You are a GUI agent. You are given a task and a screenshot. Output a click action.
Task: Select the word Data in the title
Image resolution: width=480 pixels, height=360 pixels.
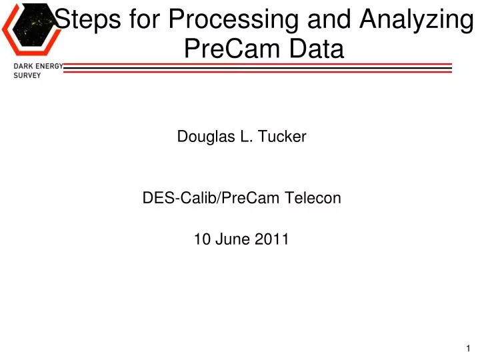pyautogui.click(x=317, y=49)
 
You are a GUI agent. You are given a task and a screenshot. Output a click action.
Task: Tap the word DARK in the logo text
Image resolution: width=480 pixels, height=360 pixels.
pyautogui.click(x=24, y=67)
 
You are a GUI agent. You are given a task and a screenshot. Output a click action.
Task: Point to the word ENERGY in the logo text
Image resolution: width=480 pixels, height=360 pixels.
pyautogui.click(x=50, y=67)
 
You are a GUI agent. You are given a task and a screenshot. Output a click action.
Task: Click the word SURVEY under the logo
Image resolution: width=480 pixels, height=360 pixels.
pyautogui.click(x=27, y=76)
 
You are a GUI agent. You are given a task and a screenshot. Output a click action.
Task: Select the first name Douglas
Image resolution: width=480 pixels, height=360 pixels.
pyautogui.click(x=203, y=137)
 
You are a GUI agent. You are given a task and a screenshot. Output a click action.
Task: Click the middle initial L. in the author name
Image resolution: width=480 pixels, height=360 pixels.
pyautogui.click(x=241, y=137)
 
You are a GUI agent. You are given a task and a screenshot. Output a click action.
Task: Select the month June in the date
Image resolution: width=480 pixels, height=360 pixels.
pyautogui.click(x=232, y=240)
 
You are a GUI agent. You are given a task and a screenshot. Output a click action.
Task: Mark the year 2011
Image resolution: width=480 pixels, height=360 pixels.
pyautogui.click(x=273, y=240)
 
